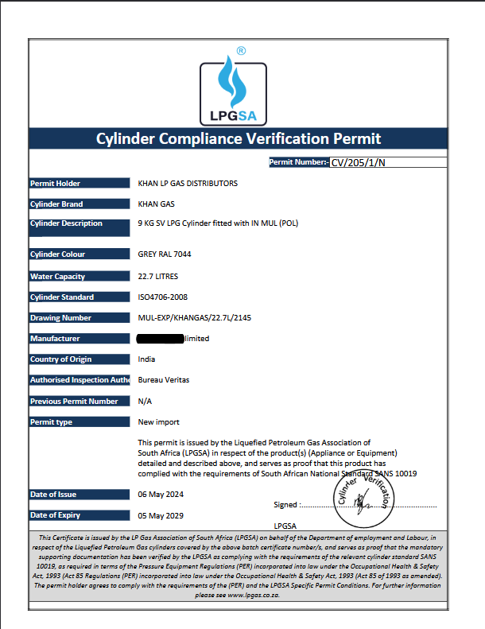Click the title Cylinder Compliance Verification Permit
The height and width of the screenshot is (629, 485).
tap(239, 139)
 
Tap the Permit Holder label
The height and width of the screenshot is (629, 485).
tap(55, 184)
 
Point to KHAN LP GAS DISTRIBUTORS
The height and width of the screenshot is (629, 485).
tap(188, 184)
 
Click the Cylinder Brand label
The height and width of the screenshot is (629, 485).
tap(56, 204)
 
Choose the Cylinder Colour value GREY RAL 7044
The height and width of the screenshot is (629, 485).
tap(165, 254)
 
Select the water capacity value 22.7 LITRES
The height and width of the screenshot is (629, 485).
tap(158, 277)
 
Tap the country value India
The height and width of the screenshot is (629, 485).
tap(146, 359)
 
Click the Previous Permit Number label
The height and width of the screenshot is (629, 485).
tap(74, 402)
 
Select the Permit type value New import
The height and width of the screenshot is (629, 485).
tap(159, 422)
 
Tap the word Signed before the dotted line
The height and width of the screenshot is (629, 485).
tap(285, 504)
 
